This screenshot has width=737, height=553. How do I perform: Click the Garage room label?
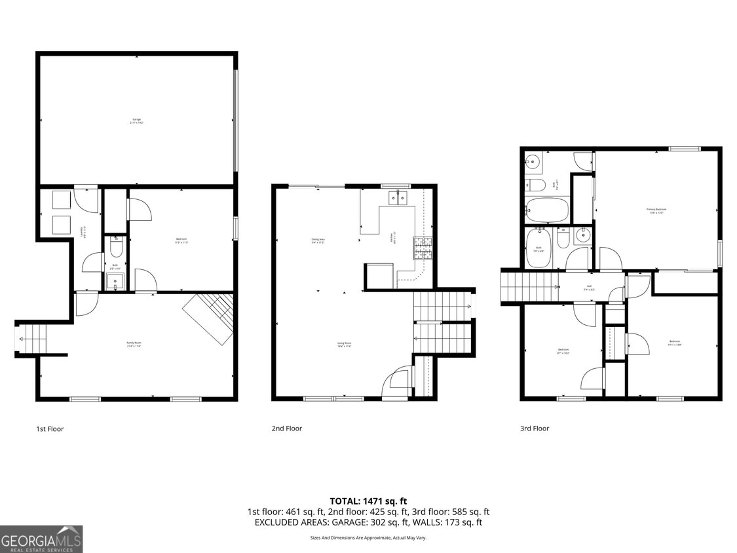(x=136, y=121)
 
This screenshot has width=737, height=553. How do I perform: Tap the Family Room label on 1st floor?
(x=134, y=344)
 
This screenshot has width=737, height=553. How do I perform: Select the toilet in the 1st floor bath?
(x=115, y=247)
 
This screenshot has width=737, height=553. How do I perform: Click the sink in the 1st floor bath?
(x=115, y=281)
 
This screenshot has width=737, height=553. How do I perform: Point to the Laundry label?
(x=83, y=231)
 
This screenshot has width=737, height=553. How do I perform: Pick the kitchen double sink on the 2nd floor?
(x=398, y=197)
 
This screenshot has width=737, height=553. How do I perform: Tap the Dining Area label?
(x=318, y=240)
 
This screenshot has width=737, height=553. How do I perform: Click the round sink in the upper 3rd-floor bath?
(x=533, y=161)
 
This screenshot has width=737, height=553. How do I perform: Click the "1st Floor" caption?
(x=50, y=429)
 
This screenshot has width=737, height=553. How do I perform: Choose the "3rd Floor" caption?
(x=534, y=429)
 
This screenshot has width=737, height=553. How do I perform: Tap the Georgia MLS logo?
(x=41, y=539)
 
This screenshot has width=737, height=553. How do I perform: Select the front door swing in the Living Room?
(x=397, y=383)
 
